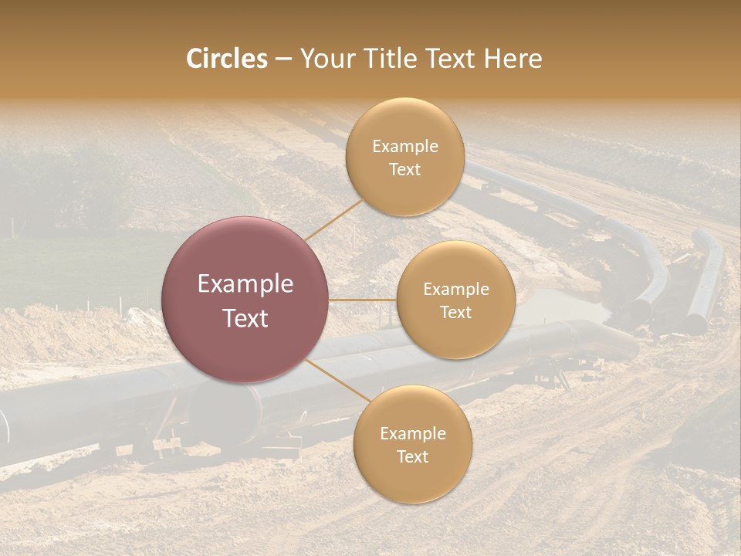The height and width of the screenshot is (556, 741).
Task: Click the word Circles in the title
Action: click(x=226, y=59)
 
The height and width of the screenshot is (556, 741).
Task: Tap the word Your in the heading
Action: click(x=324, y=59)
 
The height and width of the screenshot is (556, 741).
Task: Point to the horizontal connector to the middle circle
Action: click(x=363, y=300)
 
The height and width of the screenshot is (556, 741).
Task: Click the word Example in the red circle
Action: click(x=245, y=284)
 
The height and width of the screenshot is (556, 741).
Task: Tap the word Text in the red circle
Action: click(x=245, y=317)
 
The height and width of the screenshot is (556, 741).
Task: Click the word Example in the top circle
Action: click(x=404, y=147)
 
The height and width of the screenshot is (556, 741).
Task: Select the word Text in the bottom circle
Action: click(x=412, y=456)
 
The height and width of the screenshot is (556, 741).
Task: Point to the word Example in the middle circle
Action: click(x=455, y=290)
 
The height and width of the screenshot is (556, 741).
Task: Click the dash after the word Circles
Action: click(x=283, y=59)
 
